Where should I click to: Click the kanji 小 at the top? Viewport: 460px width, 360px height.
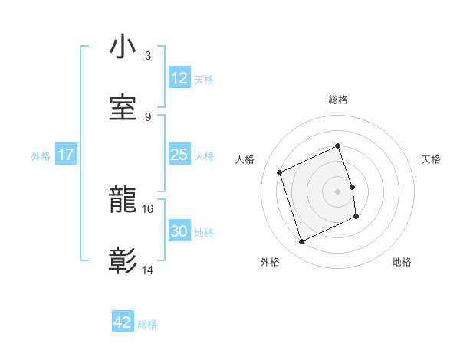tap(123, 47)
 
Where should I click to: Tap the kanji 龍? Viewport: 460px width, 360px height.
tap(123, 201)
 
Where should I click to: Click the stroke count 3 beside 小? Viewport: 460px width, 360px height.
tap(148, 56)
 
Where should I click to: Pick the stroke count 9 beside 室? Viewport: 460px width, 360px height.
tap(148, 116)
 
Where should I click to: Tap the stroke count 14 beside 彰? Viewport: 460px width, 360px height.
tap(148, 270)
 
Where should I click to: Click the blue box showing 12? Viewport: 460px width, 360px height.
tap(179, 78)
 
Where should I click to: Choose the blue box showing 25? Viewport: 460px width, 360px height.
tap(179, 155)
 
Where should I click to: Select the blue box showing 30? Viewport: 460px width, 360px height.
tap(179, 232)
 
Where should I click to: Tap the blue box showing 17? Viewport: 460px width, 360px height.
tap(65, 155)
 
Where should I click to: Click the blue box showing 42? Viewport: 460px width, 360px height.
tap(123, 322)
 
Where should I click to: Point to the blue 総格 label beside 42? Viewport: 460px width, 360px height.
tap(147, 324)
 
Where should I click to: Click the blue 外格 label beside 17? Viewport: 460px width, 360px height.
tap(41, 155)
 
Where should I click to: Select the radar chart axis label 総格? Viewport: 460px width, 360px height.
tap(338, 100)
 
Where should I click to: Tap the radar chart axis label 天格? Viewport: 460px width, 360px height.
tap(432, 159)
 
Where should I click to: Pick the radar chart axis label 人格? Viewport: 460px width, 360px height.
tap(245, 159)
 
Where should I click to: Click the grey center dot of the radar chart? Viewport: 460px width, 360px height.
tap(338, 191)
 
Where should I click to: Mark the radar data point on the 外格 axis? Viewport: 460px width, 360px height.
tap(301, 242)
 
